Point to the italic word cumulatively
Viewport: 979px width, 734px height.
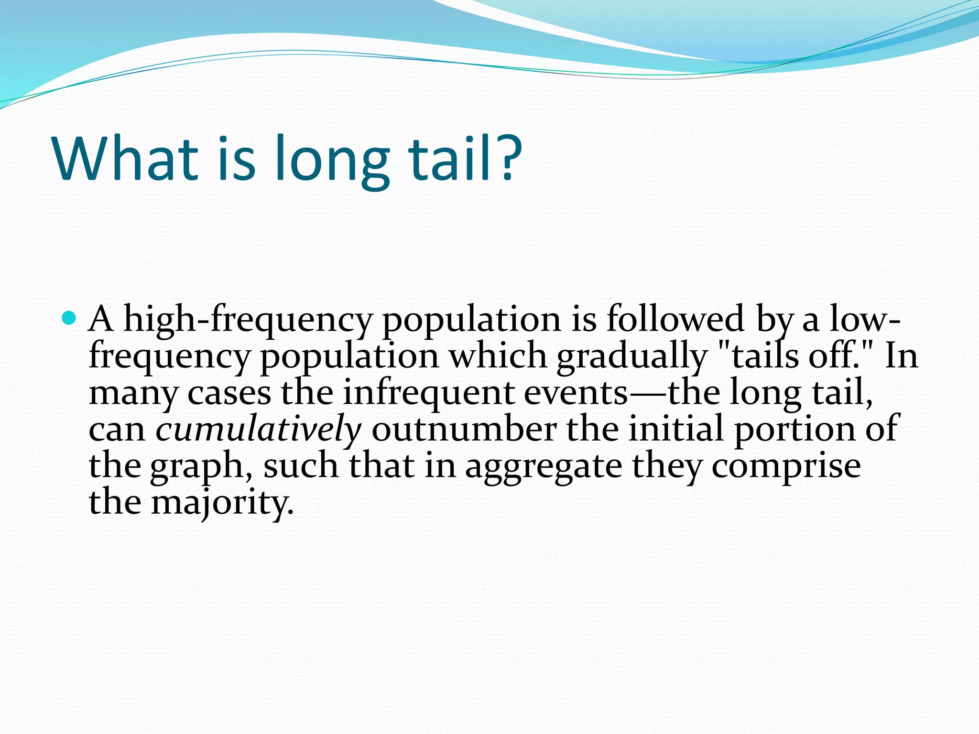point(258,429)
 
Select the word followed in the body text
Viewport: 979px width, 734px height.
point(675,319)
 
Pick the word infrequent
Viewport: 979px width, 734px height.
point(428,393)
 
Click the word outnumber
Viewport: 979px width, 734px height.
point(464,429)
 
